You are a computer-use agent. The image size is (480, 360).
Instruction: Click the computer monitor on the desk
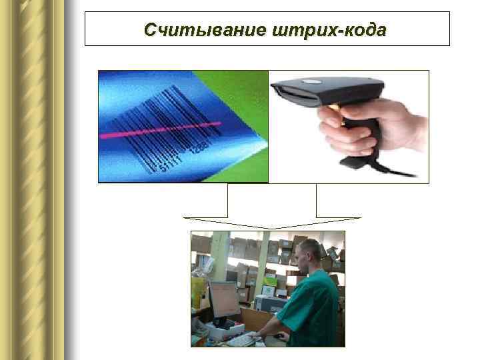coord(224,300)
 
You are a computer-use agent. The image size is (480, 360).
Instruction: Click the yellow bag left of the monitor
coord(197,293)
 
